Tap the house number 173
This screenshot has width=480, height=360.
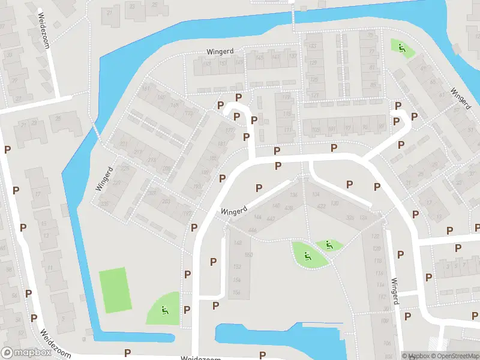[189, 113]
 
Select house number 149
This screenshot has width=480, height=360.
[239, 63]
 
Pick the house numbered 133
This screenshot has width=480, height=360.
[312, 46]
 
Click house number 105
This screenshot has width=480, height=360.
[316, 130]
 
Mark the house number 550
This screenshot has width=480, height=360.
[248, 255]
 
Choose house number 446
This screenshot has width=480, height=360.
[252, 230]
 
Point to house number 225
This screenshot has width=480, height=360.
[125, 169]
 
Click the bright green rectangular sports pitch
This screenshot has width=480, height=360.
[115, 290]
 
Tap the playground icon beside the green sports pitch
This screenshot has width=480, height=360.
[164, 310]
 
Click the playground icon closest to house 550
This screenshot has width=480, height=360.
[307, 257]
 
